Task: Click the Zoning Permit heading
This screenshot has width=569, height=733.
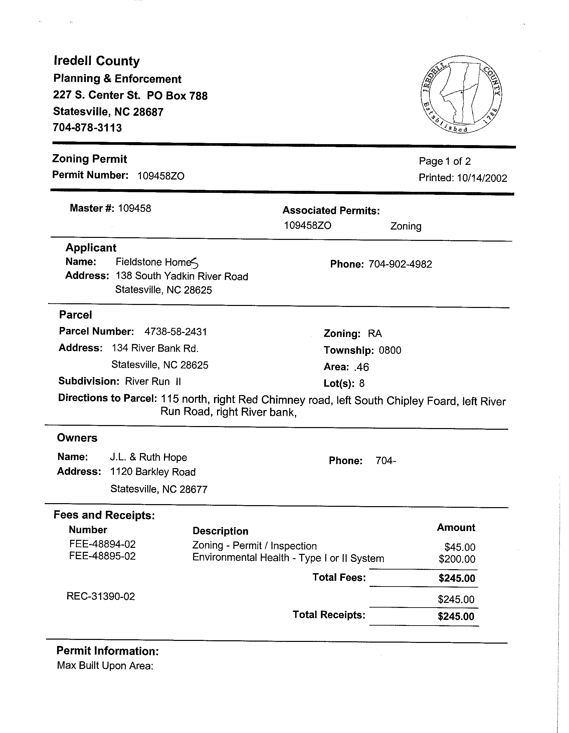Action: pyautogui.click(x=89, y=159)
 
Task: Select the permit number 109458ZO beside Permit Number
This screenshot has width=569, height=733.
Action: pyautogui.click(x=161, y=176)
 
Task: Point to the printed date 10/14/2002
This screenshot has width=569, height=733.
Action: pyautogui.click(x=482, y=178)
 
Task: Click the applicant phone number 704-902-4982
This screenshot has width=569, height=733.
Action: pyautogui.click(x=400, y=265)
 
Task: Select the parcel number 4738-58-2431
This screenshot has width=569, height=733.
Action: pyautogui.click(x=176, y=332)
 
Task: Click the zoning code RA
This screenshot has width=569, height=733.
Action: pyautogui.click(x=375, y=334)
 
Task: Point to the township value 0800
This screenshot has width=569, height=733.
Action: pyautogui.click(x=390, y=350)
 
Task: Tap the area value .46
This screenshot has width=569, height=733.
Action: pyautogui.click(x=361, y=367)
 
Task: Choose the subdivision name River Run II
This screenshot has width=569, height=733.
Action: pyautogui.click(x=153, y=382)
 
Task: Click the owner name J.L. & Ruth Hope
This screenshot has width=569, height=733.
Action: pyautogui.click(x=149, y=457)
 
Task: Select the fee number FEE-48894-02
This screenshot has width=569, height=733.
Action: pyautogui.click(x=103, y=544)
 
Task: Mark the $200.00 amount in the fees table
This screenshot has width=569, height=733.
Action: pyautogui.click(x=457, y=559)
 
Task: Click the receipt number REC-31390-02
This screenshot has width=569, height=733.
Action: pyautogui.click(x=101, y=597)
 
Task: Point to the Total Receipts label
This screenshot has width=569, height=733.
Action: pyautogui.click(x=329, y=615)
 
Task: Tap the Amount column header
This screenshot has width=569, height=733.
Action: pyautogui.click(x=456, y=527)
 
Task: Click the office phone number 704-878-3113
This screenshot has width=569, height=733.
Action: pyautogui.click(x=87, y=128)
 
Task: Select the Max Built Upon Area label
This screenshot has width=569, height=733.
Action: pyautogui.click(x=105, y=666)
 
